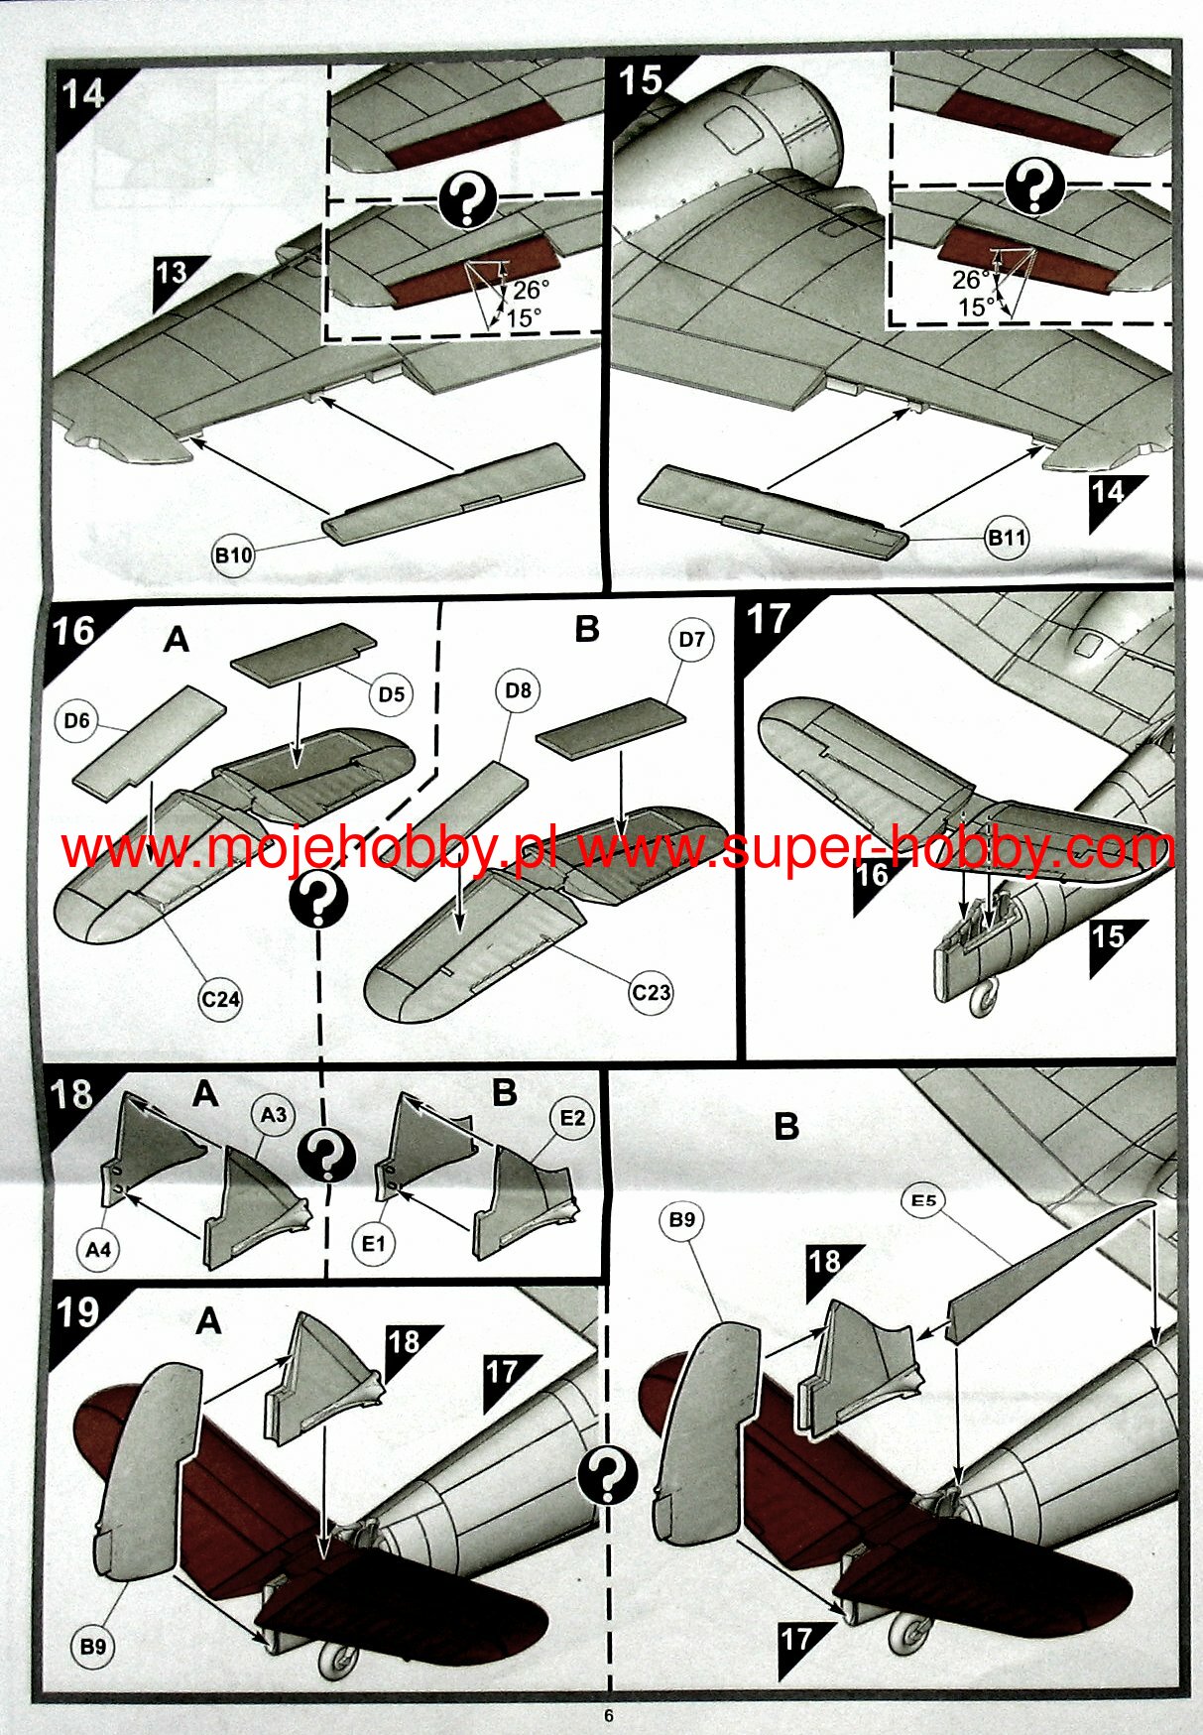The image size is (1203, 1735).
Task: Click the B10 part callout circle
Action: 233,555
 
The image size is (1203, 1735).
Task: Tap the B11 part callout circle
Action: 1006,538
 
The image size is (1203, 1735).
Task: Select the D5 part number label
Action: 391,693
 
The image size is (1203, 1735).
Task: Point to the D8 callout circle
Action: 518,689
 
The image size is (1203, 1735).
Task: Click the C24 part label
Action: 220,998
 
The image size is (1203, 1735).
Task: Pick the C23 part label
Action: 651,992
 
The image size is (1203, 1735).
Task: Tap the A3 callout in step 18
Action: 274,1115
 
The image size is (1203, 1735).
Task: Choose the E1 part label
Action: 373,1243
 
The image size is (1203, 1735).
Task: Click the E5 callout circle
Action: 923,1200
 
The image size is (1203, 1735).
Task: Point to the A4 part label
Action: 98,1249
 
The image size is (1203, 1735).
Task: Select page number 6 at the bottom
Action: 609,1716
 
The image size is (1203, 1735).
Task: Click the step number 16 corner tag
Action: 75,631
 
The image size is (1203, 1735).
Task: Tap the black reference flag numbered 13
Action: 176,276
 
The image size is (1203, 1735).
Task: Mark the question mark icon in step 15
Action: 1033,186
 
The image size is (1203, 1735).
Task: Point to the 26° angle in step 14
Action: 530,290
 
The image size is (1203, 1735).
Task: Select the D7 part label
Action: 691,640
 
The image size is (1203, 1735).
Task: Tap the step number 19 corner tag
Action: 77,1313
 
